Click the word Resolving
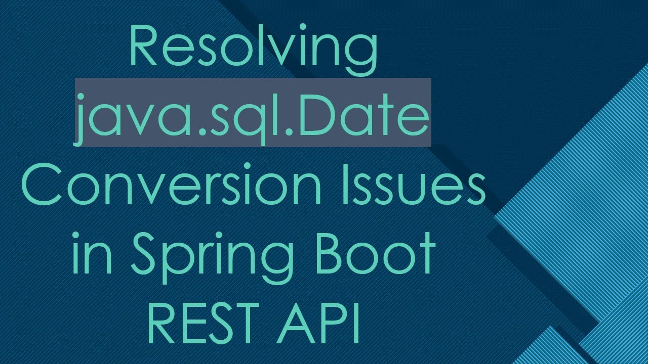[254, 48]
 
